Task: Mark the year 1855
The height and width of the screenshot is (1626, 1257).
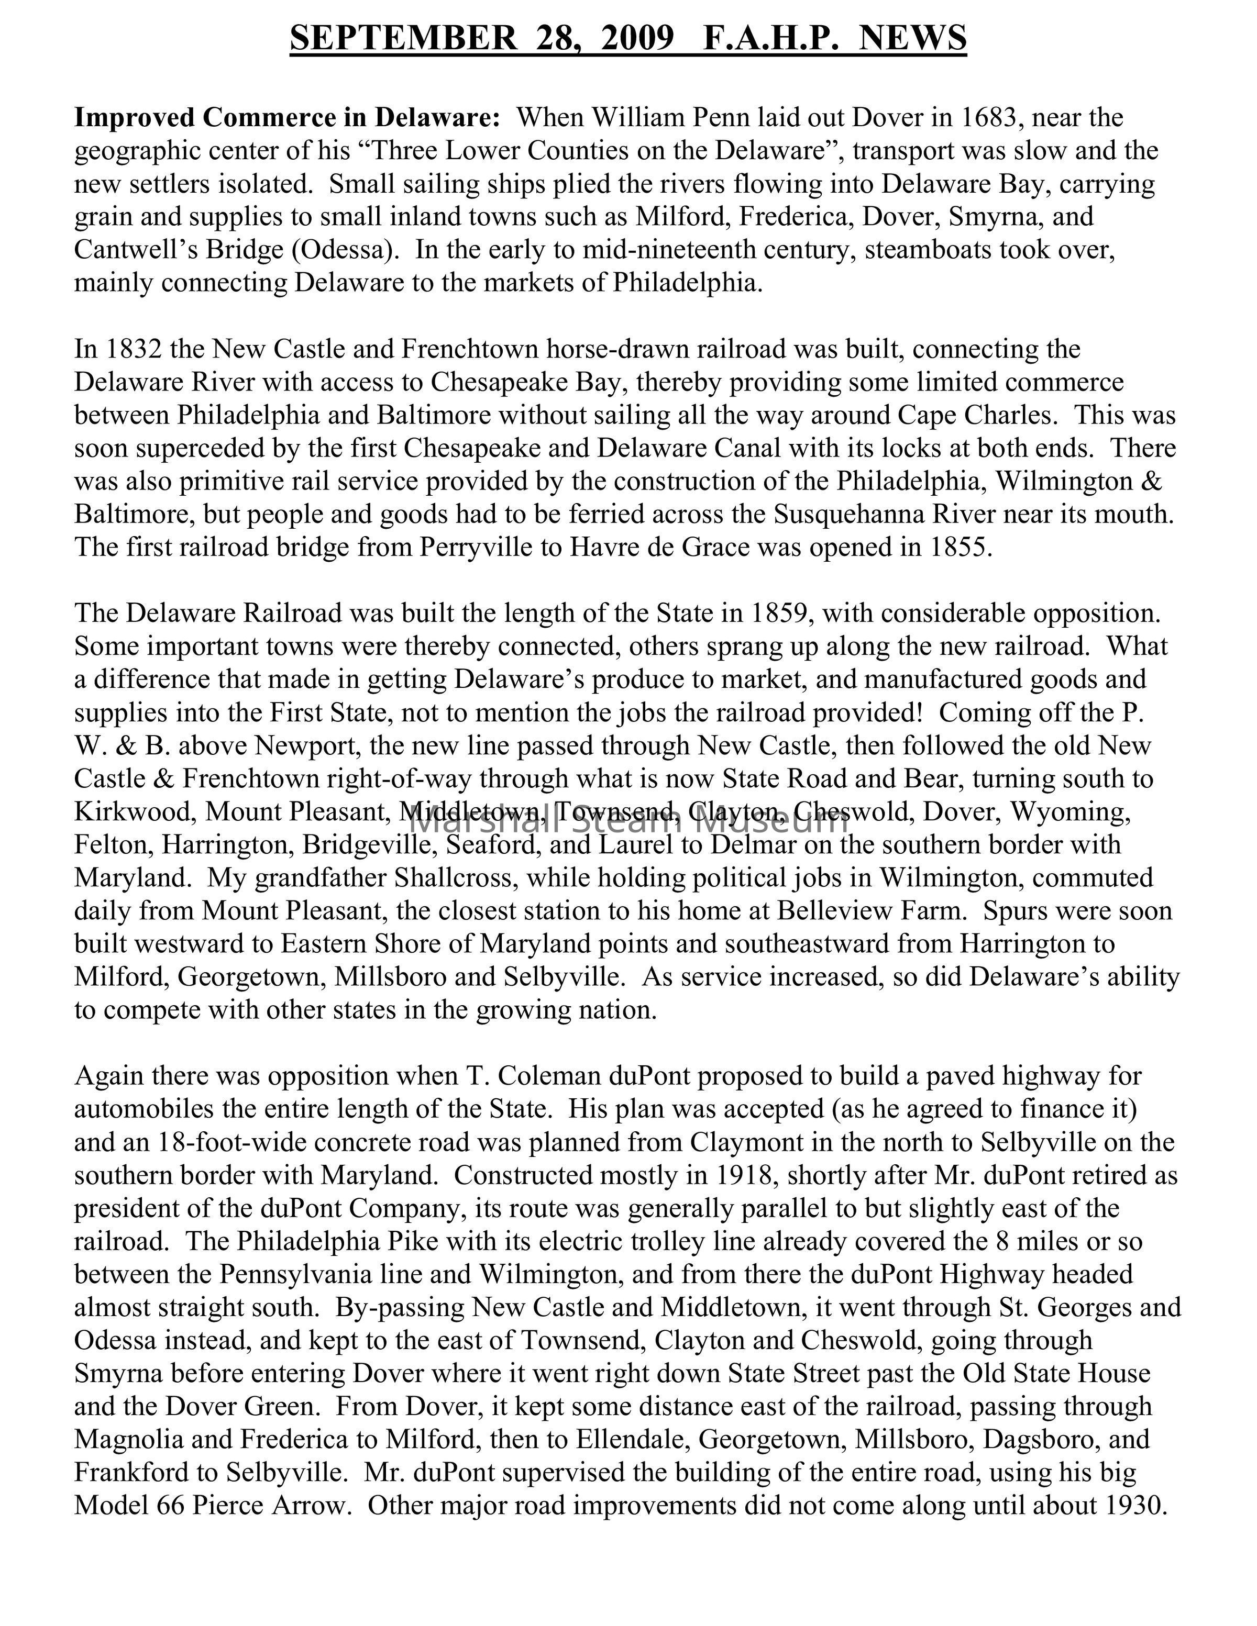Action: click(960, 548)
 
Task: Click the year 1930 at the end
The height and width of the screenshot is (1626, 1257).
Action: click(1134, 1506)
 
